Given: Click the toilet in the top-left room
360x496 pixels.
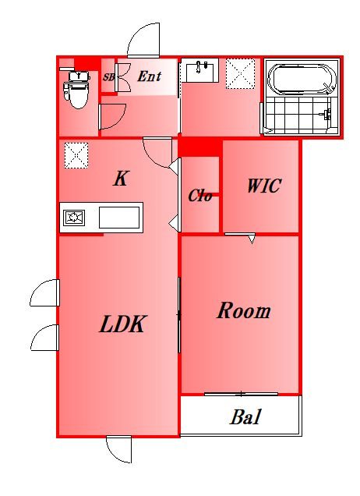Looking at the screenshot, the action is pos(76,90).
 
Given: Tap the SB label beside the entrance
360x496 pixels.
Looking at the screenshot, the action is pos(109,77).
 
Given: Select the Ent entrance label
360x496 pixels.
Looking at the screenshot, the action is pos(150,76).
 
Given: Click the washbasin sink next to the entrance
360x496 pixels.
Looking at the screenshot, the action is pos(199,70).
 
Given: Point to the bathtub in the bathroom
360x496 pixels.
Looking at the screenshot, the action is pos(301,80).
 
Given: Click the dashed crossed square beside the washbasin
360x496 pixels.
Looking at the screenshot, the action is pos(241,74).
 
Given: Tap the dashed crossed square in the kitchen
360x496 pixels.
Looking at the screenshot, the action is pos(76,155).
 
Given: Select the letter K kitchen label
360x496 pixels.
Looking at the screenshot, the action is pos(121,179).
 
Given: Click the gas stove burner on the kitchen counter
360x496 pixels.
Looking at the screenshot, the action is pos(74,218).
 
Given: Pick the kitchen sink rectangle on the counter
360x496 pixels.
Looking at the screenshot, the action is pos(119,218).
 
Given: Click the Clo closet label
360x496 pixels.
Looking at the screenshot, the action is pos(200,196).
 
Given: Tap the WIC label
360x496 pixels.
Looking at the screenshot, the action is pos(264,186).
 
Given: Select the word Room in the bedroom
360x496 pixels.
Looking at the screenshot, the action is pos(243,310).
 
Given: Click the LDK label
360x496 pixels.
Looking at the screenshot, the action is pos(122,324).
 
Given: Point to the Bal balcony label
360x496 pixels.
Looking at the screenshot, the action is pos(245,417).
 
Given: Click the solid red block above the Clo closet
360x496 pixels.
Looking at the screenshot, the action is pos(199,147).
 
